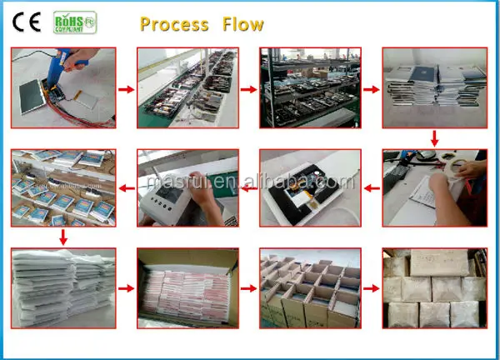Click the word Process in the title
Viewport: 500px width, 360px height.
click(174, 23)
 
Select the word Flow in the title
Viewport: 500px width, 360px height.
click(242, 23)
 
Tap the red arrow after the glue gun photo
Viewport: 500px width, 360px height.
click(123, 87)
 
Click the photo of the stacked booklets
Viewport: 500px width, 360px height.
click(433, 87)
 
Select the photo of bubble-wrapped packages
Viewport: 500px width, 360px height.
click(433, 287)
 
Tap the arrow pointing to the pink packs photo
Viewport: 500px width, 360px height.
click(123, 288)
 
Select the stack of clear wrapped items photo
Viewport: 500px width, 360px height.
click(62, 287)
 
